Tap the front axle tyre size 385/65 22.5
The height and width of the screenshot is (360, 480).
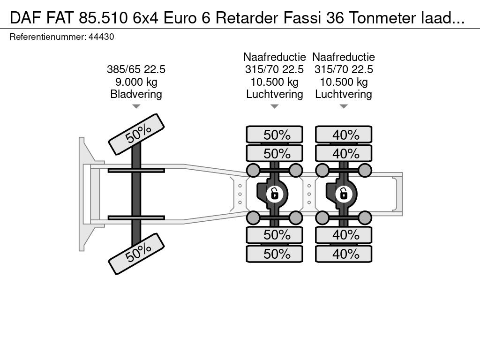pyautogui.click(x=136, y=69)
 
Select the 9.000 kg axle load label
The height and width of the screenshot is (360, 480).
pyautogui.click(x=136, y=82)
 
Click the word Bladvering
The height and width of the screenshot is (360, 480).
pyautogui.click(x=136, y=94)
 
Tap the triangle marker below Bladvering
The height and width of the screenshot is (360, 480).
pyautogui.click(x=136, y=107)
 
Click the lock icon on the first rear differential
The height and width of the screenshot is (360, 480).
pyautogui.click(x=273, y=193)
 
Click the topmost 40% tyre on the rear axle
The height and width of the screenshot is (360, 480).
pyautogui.click(x=344, y=135)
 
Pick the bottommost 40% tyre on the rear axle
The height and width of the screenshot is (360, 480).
pyautogui.click(x=344, y=254)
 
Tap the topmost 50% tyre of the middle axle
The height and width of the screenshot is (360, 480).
pyautogui.click(x=275, y=135)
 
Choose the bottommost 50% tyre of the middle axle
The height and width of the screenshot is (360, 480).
pyautogui.click(x=275, y=254)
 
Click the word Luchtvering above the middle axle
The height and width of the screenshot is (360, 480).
pyautogui.click(x=275, y=94)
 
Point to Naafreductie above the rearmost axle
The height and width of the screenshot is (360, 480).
pyautogui.click(x=344, y=57)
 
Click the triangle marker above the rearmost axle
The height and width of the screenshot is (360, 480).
pyautogui.click(x=344, y=107)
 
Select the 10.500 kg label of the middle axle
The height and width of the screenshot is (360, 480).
pyautogui.click(x=275, y=82)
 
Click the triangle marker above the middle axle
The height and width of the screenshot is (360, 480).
pyautogui.click(x=275, y=107)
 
